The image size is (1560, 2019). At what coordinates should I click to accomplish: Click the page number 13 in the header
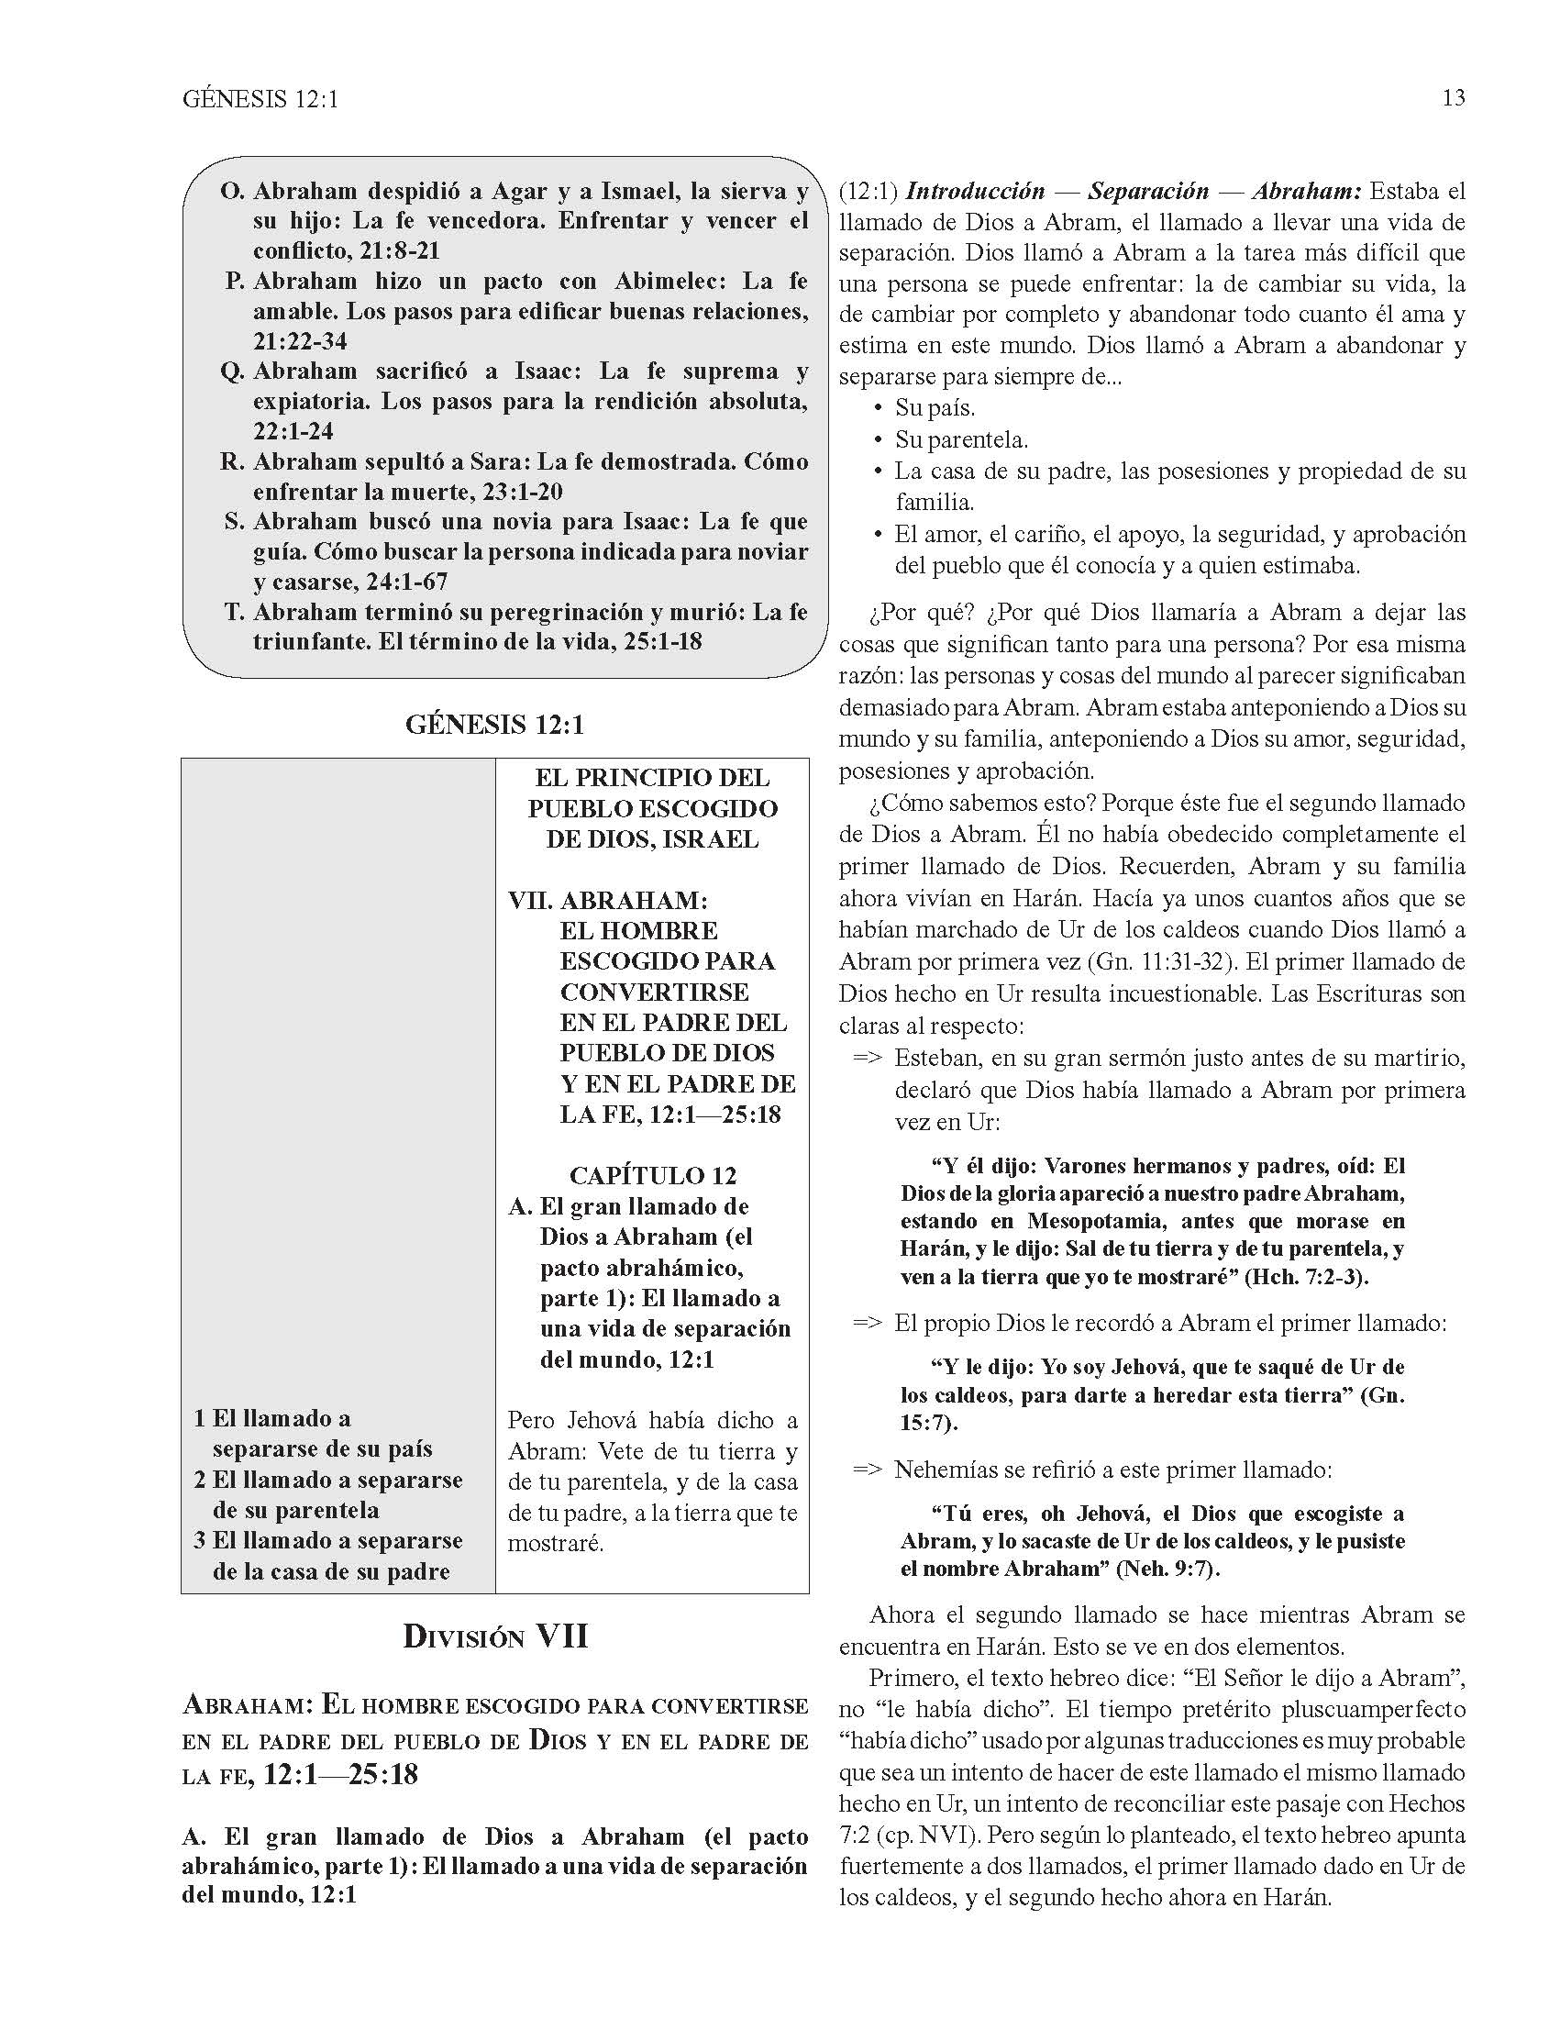pos(1453,98)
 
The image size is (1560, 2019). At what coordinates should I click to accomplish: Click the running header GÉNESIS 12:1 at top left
pos(260,99)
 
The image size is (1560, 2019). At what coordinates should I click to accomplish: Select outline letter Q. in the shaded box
pos(232,372)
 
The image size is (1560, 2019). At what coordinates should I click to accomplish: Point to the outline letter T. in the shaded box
pos(234,612)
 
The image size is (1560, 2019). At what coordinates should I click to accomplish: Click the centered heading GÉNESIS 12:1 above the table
pos(494,724)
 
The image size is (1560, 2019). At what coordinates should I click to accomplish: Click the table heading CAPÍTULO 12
pos(652,1176)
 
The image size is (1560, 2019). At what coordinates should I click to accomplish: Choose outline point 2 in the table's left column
pos(200,1480)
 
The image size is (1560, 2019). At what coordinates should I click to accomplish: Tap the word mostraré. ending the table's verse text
pos(556,1544)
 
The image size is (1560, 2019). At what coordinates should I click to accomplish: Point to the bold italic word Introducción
pos(975,192)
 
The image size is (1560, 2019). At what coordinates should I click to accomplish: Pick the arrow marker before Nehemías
pos(867,1470)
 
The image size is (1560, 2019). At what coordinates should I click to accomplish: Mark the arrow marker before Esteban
pos(867,1059)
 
